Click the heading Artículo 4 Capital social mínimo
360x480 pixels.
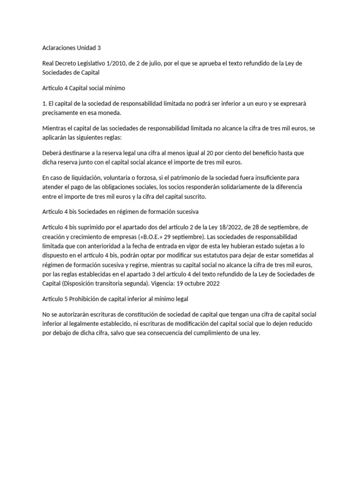point(83,88)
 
